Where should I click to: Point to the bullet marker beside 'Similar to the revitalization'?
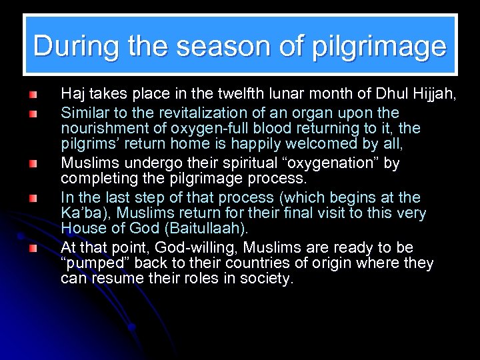[33, 114]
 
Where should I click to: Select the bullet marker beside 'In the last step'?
[33, 198]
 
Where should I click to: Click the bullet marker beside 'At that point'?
[33, 249]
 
